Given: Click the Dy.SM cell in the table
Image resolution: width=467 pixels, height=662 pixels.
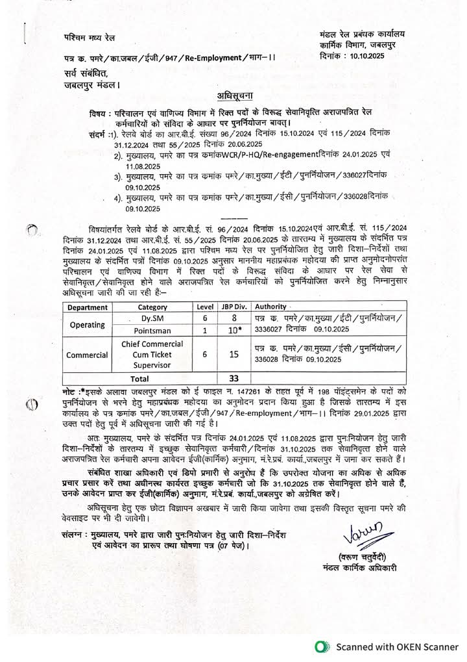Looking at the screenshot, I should pyautogui.click(x=152, y=318).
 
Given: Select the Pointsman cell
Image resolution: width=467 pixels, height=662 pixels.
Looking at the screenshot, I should pyautogui.click(x=152, y=331).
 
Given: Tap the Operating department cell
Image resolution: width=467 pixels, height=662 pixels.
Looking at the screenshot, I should pyautogui.click(x=88, y=324).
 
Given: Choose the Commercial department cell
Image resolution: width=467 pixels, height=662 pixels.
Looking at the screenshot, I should pyautogui.click(x=88, y=355).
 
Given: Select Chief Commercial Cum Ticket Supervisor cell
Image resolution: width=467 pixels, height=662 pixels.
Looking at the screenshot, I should pyautogui.click(x=152, y=355).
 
